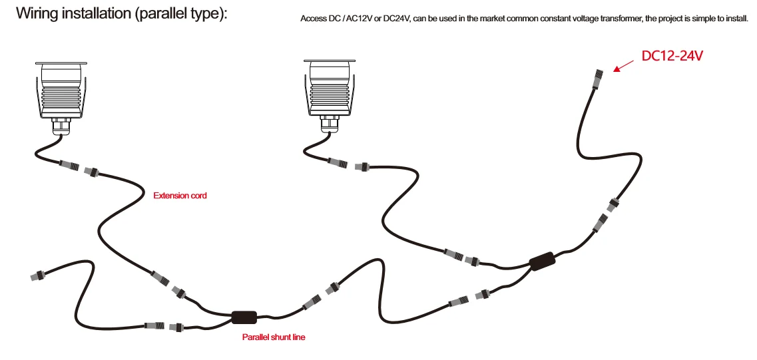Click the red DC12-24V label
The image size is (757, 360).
click(x=672, y=56)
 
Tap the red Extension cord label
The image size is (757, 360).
click(x=180, y=196)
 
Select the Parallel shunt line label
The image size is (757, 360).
click(x=273, y=337)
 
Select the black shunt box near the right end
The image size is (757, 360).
click(x=543, y=261)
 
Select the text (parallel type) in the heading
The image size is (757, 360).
click(x=180, y=13)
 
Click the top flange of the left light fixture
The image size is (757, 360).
click(x=61, y=64)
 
